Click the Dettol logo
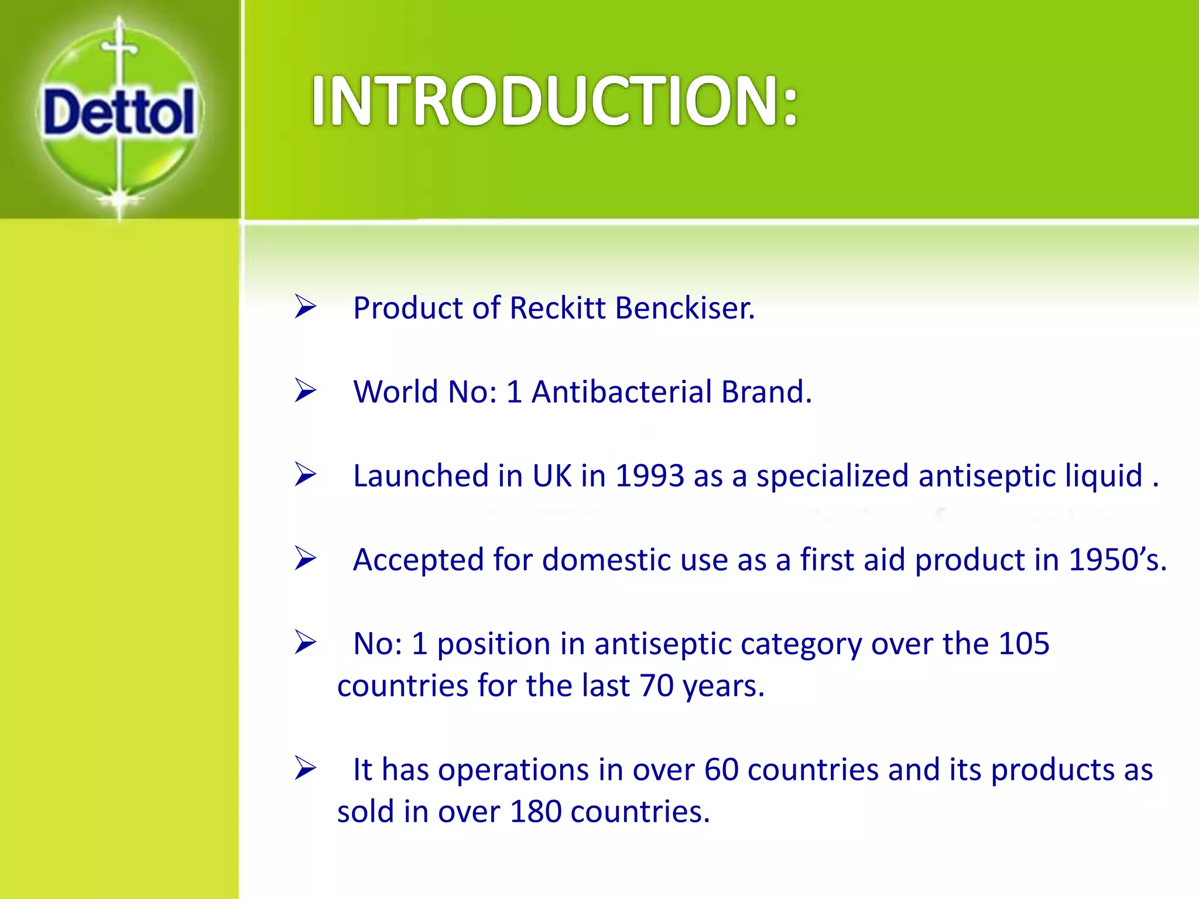pos(119,112)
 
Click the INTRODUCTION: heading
pos(554,102)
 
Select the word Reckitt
pos(557,308)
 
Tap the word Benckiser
pos(685,308)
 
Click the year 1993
pos(649,475)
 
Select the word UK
pos(551,475)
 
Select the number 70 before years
pos(656,686)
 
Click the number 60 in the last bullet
pos(721,770)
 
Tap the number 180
pos(536,812)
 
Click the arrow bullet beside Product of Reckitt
pos(305,307)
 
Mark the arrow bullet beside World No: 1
pos(305,390)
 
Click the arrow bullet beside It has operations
pos(305,768)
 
